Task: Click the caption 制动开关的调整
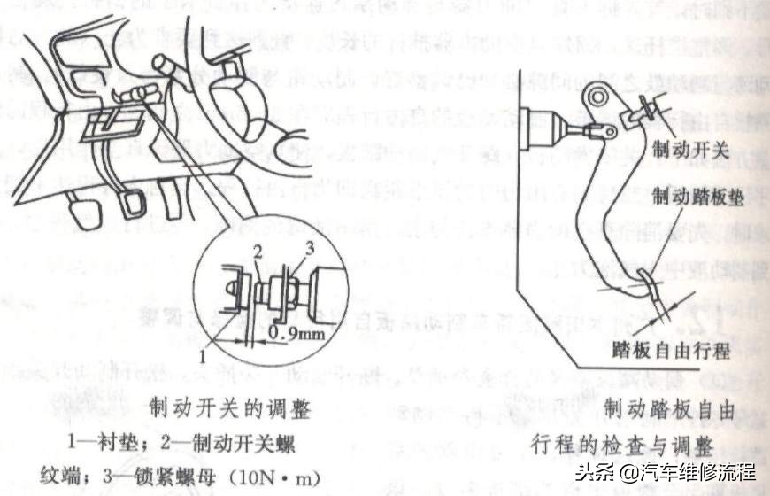point(230,408)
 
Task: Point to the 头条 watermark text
point(590,470)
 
